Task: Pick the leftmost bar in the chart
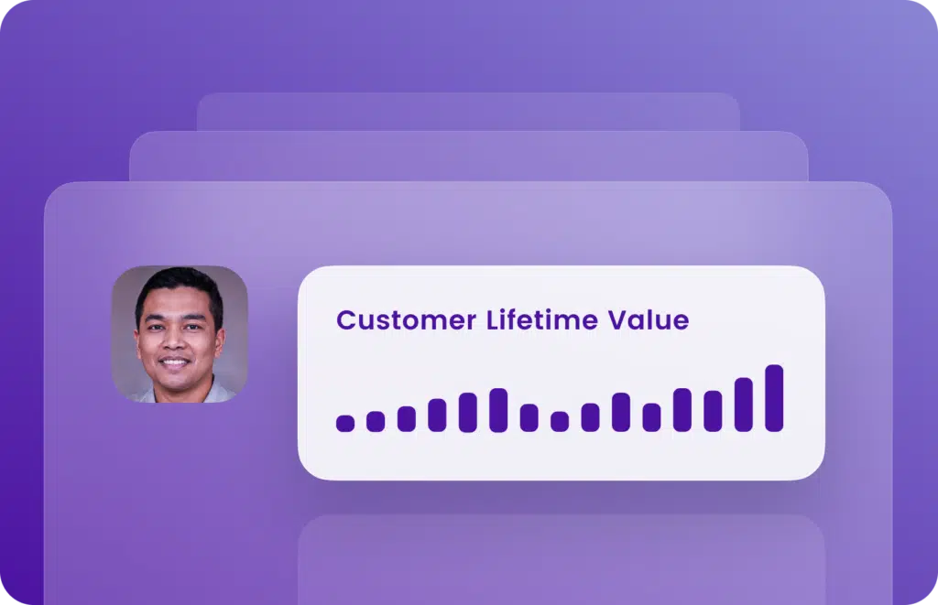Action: [345, 423]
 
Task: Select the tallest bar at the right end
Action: [774, 398]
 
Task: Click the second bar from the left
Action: [376, 421]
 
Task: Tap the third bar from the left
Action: [407, 418]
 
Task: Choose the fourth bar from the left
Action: [437, 415]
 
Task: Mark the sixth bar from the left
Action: [498, 410]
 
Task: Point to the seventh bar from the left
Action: [529, 417]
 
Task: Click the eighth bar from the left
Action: [560, 421]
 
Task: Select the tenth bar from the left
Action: [621, 412]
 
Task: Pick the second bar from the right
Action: [744, 405]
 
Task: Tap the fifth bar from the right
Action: [651, 417]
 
